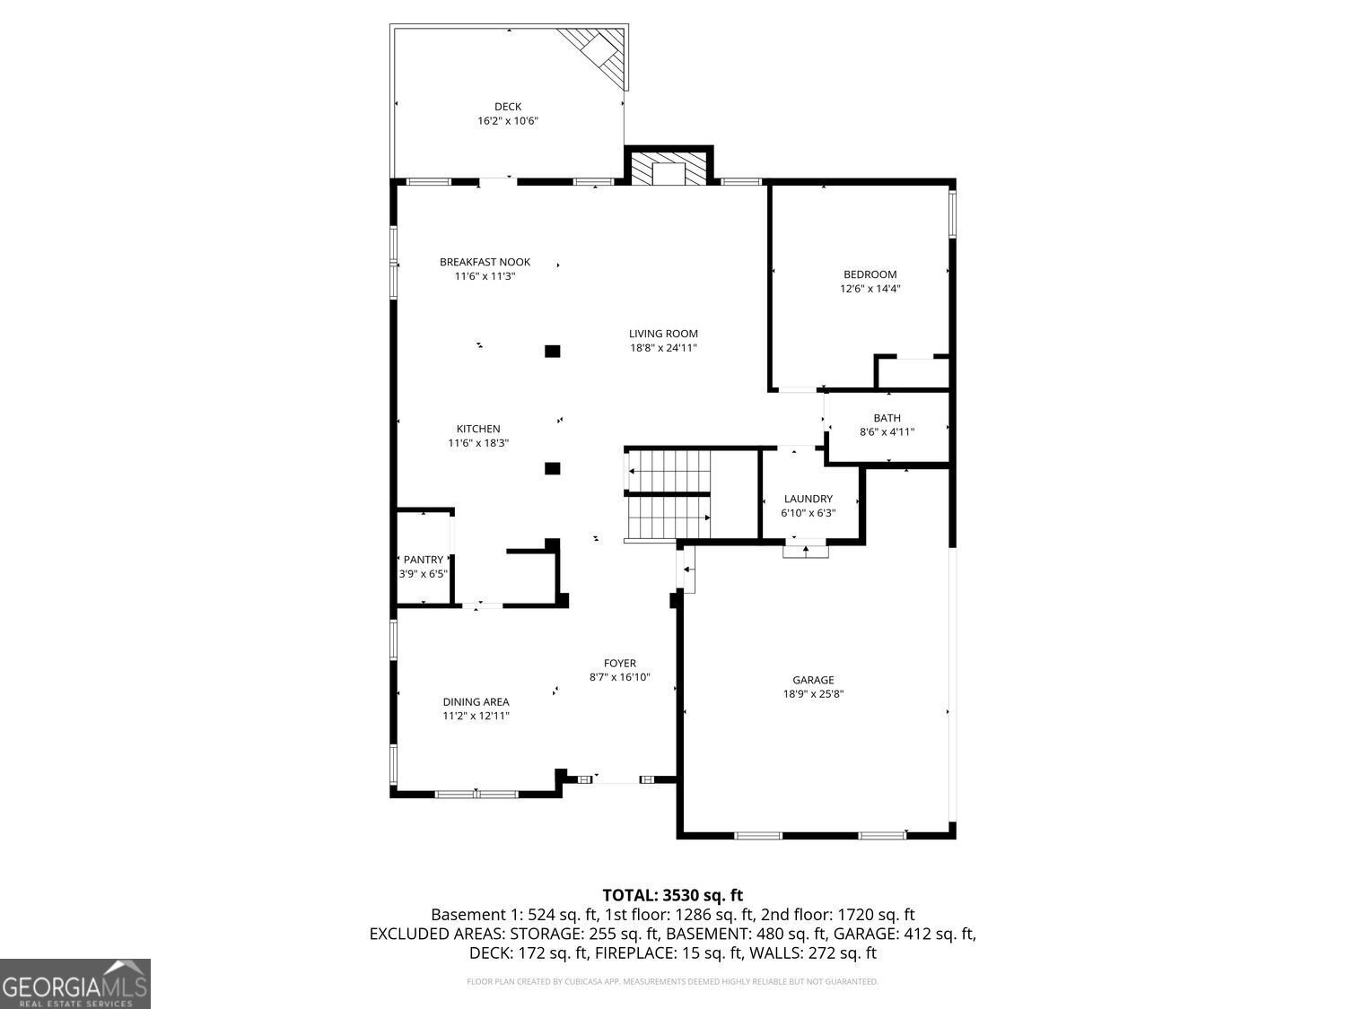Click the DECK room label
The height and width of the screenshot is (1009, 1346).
coord(508,107)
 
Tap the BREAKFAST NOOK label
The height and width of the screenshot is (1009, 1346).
coord(485,262)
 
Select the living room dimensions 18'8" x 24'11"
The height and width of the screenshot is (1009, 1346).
coord(663,348)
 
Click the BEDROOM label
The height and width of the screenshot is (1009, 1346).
coord(870,274)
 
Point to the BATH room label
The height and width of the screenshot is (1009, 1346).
coord(887,418)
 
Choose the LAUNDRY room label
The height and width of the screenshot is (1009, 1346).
coord(808,499)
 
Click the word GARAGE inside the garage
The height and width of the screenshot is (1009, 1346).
coord(813,680)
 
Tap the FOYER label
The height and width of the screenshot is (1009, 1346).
coord(620,664)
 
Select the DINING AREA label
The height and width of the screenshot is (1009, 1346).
coord(476,702)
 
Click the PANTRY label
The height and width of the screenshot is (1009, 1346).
coord(424,560)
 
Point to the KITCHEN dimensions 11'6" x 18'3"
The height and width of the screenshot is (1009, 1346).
coord(478,443)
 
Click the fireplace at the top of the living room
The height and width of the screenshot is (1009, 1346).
coord(669,165)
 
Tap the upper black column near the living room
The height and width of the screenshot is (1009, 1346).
coord(553,351)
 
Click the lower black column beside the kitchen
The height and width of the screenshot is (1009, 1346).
coord(553,469)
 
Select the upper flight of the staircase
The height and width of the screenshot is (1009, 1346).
coord(668,471)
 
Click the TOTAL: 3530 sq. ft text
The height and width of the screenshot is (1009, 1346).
coord(673,896)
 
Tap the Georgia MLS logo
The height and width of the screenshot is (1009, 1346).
coord(74,984)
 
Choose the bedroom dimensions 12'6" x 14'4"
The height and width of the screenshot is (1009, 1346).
coord(870,289)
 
